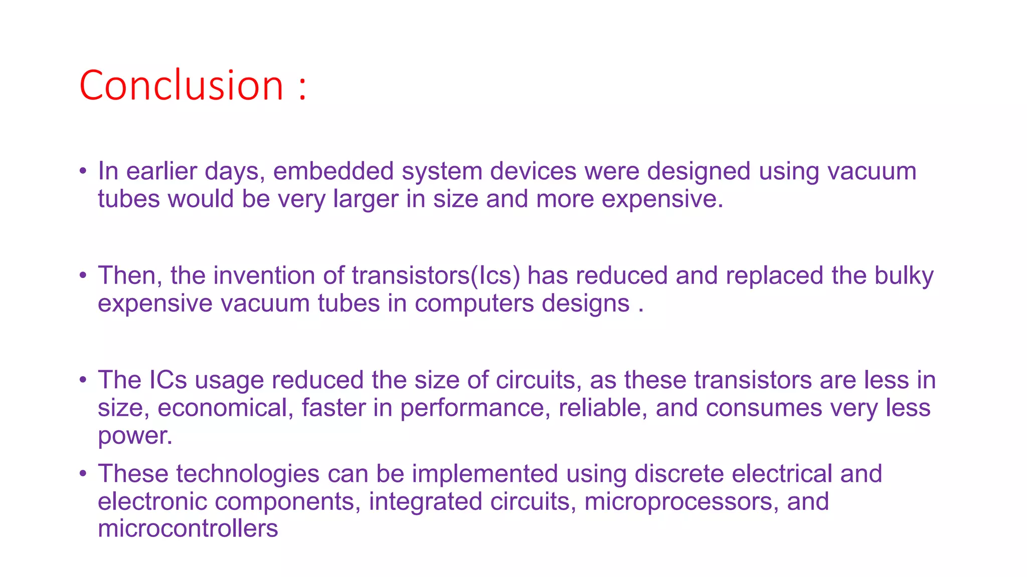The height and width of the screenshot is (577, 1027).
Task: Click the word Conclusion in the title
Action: pyautogui.click(x=182, y=86)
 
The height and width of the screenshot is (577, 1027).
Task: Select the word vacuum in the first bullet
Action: pyautogui.click(x=872, y=171)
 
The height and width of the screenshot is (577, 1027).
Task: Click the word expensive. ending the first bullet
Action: pyautogui.click(x=662, y=199)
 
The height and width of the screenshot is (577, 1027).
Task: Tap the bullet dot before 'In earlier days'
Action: pyautogui.click(x=83, y=171)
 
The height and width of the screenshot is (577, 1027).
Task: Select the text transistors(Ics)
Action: pyautogui.click(x=436, y=276)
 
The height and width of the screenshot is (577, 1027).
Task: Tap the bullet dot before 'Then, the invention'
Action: pyautogui.click(x=83, y=275)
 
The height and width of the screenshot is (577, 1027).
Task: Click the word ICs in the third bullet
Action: pyautogui.click(x=168, y=380)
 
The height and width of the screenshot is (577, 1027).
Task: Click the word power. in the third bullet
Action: pyautogui.click(x=135, y=436)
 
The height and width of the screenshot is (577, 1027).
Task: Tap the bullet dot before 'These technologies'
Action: pyautogui.click(x=83, y=473)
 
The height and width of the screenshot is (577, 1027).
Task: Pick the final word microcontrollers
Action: pyautogui.click(x=188, y=529)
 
